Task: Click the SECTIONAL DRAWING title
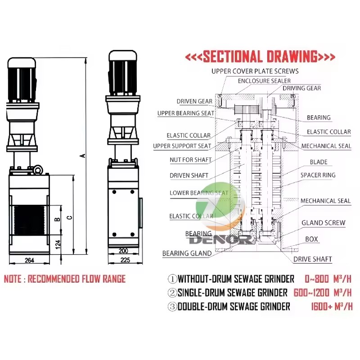point(260,57)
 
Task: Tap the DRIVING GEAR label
point(301,88)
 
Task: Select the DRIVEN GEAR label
point(194,101)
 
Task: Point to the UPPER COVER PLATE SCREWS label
point(255,71)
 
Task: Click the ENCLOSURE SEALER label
point(264,81)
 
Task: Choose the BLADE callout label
point(319,162)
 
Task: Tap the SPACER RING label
point(318,175)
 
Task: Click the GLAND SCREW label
point(323,223)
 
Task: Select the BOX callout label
point(311,239)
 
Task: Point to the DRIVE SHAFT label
point(313,259)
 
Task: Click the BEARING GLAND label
point(187,253)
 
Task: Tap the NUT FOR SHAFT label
point(190,160)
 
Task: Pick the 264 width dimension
point(29,261)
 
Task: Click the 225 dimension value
point(125,260)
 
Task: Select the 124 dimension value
point(58,245)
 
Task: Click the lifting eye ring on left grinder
point(38,170)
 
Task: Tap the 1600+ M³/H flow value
point(332,306)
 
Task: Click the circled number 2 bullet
point(172,293)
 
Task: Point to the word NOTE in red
point(13,279)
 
